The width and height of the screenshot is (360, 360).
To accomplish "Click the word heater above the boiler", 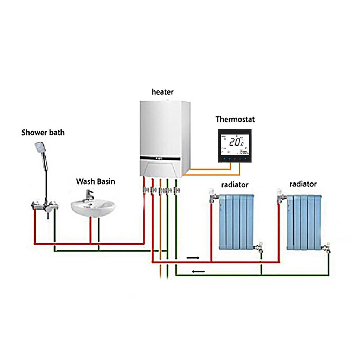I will (162, 92).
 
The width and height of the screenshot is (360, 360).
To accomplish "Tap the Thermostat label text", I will (235, 119).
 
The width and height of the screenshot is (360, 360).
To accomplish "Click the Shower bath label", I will (43, 133).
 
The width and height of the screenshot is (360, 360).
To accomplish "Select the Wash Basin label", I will (95, 181).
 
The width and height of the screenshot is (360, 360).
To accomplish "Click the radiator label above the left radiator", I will (234, 184).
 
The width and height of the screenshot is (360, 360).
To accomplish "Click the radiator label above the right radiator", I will (303, 184).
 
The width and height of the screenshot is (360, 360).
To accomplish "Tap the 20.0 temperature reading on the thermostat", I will (236, 142).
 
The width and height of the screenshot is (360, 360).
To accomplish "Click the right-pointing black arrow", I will (193, 258).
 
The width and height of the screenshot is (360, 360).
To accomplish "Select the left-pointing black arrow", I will (198, 271).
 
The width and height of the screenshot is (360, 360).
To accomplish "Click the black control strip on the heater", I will (161, 158).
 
